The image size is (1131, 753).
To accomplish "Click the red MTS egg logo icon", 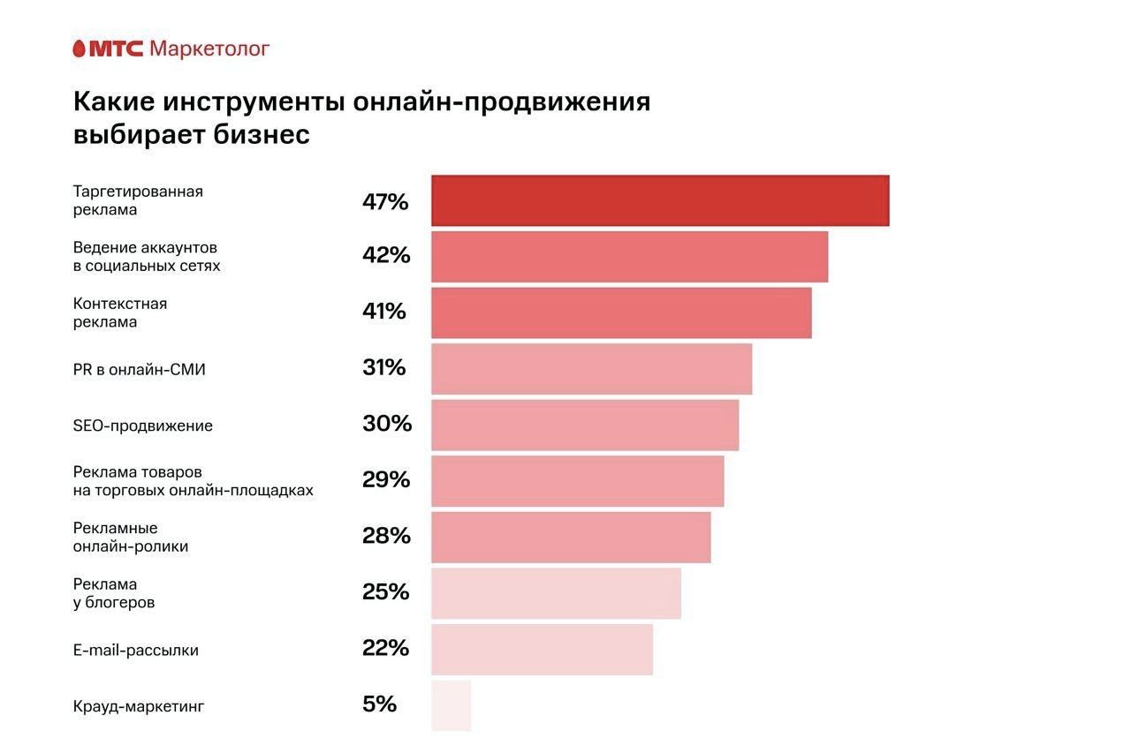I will [79, 49].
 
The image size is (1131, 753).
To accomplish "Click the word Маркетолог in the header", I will [209, 49].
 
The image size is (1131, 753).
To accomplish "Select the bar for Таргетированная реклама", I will [660, 200].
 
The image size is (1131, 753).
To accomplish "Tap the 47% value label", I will [385, 202].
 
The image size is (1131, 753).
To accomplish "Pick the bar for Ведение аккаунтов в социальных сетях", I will [629, 257].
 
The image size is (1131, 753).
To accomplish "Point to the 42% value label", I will [386, 255].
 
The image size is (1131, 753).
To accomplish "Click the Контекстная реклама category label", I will [120, 312].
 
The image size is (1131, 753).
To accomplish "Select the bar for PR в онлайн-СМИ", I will [591, 369].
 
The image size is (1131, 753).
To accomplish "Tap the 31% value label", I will [383, 367].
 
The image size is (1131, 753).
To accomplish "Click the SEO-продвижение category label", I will [143, 425].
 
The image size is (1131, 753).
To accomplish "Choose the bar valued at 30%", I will [585, 425].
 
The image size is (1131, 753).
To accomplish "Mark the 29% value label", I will [386, 479].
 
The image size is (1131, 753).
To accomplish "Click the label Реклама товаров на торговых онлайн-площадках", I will [193, 481].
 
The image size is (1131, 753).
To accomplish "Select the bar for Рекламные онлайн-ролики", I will [571, 537].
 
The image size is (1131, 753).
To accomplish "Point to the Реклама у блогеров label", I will [114, 593].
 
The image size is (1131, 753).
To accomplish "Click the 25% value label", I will [385, 591].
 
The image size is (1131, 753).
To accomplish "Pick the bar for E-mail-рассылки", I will [542, 649].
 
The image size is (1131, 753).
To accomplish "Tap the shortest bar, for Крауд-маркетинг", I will [451, 705].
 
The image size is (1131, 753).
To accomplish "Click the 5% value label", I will [379, 704].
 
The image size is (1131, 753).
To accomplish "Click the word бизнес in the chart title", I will [262, 135].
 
